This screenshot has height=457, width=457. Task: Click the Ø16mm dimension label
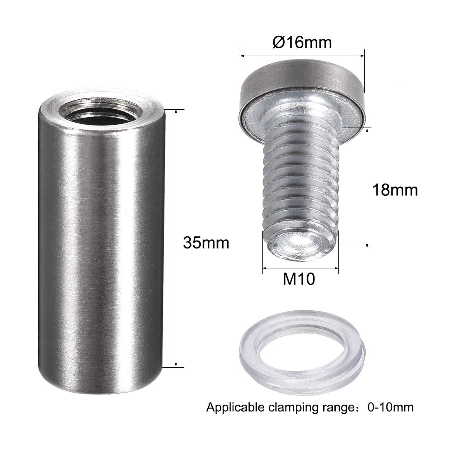coord(302,43)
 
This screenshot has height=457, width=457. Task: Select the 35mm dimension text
coord(206,242)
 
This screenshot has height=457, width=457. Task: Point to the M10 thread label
coord(299,280)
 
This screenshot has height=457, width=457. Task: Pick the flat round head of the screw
coord(302,81)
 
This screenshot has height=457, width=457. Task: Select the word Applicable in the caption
coord(236,407)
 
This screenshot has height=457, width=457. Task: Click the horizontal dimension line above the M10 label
coord(300,269)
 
